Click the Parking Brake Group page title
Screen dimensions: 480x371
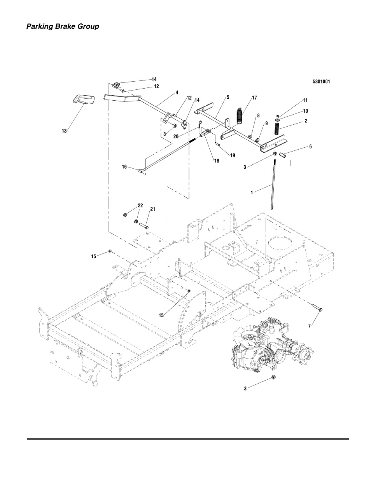click(62, 26)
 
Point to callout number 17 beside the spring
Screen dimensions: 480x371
click(254, 98)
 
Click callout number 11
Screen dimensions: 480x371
click(305, 101)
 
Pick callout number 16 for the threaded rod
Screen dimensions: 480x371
click(124, 166)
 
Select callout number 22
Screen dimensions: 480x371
click(140, 205)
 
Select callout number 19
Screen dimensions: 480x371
click(232, 155)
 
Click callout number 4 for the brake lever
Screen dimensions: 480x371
click(177, 93)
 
